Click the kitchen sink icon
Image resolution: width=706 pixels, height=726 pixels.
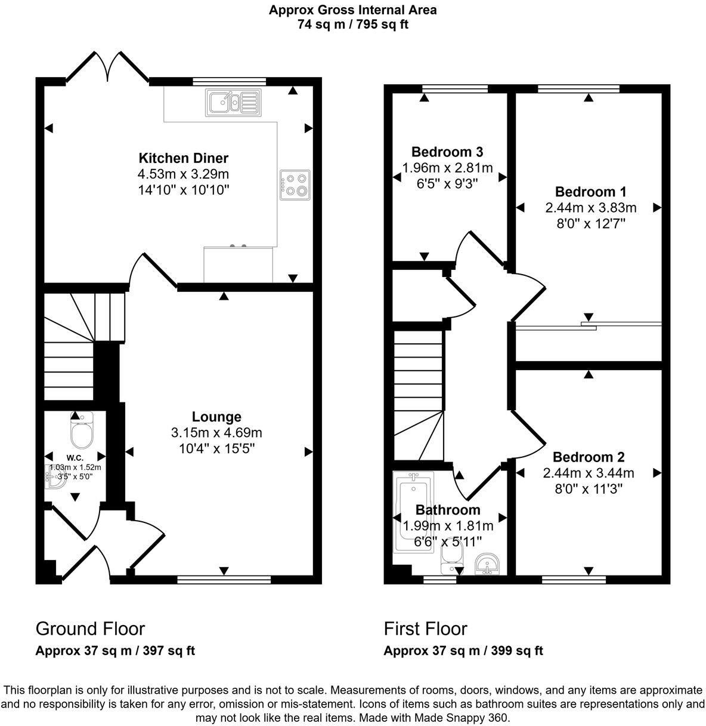233,102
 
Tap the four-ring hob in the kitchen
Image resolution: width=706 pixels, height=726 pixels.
295,184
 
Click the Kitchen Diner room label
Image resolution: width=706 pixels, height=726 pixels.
184,158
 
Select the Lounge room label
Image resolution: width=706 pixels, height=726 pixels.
216,417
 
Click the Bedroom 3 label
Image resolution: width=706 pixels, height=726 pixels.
447,152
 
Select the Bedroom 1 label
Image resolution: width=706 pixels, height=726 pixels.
590,192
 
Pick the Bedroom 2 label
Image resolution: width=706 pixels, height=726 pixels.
589,457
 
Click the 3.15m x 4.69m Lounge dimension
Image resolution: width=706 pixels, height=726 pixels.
216,432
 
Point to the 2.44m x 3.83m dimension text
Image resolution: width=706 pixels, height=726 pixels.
590,208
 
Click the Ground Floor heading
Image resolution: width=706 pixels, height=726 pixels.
90,629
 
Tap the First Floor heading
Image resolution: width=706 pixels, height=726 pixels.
425,629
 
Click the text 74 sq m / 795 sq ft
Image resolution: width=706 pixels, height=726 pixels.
352,24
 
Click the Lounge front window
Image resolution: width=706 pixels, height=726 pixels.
224,578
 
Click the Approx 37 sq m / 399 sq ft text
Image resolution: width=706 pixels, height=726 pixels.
463,651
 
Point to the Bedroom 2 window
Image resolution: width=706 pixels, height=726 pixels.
574,578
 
